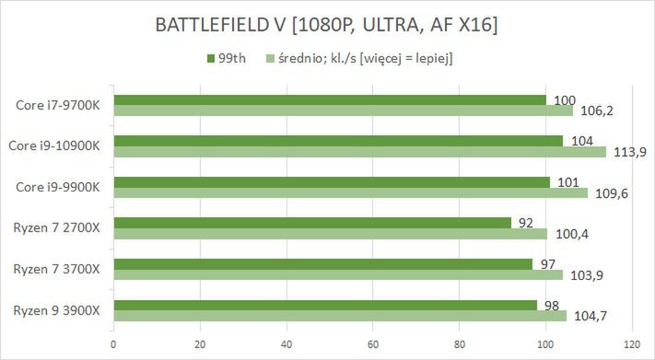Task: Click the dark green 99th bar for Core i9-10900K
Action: (337, 140)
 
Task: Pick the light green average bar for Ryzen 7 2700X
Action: (330, 234)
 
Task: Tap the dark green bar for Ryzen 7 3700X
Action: (322, 263)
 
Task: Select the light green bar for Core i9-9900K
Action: (350, 193)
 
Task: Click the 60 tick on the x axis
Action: (372, 346)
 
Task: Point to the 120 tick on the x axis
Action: (631, 346)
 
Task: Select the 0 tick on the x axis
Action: (113, 346)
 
